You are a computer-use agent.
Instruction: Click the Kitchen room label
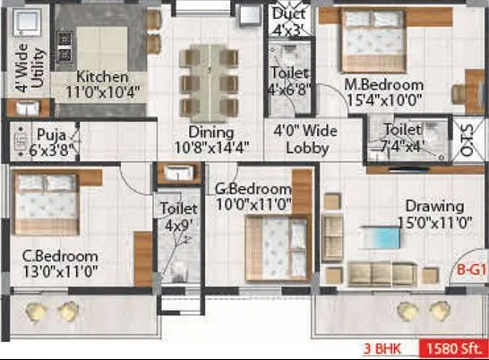click(101, 83)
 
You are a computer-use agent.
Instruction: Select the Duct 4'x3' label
click(288, 22)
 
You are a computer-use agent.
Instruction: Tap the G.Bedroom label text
click(253, 195)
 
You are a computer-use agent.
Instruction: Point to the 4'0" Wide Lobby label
click(306, 140)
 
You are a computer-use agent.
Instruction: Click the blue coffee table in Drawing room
click(381, 237)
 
